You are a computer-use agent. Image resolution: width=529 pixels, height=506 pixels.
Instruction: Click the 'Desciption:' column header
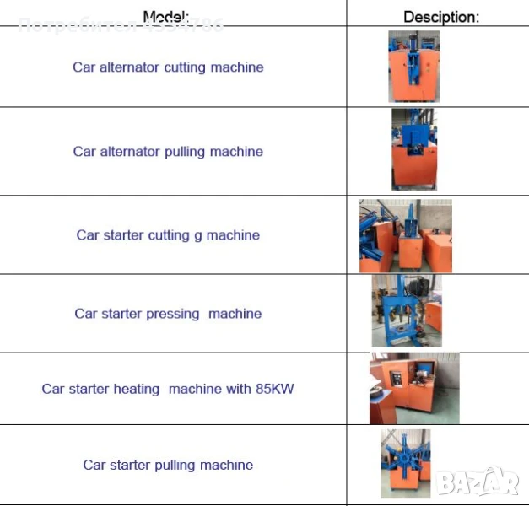[440, 17]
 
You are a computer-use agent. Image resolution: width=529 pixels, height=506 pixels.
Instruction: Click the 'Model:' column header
[167, 16]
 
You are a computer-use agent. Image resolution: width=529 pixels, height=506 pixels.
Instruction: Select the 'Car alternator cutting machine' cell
[168, 67]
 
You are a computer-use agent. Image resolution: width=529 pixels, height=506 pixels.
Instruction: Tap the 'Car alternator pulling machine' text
[168, 152]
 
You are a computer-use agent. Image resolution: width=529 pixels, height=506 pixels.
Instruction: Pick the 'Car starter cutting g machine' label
[168, 235]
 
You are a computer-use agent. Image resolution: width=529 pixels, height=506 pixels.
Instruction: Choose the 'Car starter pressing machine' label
[168, 314]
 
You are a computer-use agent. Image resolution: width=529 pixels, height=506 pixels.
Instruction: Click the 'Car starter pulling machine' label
[168, 465]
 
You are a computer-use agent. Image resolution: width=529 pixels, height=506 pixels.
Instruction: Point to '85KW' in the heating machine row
[275, 389]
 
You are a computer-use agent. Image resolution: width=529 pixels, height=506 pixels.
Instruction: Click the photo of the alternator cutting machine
[413, 67]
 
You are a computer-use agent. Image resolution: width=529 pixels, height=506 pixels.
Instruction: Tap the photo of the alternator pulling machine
[414, 149]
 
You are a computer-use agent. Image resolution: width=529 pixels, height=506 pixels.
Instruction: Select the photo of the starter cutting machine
[405, 235]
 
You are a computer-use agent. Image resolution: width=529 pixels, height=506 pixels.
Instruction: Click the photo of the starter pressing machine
[407, 311]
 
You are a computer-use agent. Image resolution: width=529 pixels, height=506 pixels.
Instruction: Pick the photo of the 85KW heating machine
[414, 388]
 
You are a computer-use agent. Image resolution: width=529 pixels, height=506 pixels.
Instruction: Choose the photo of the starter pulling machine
[406, 463]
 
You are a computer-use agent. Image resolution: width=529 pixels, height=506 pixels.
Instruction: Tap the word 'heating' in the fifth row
[137, 389]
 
